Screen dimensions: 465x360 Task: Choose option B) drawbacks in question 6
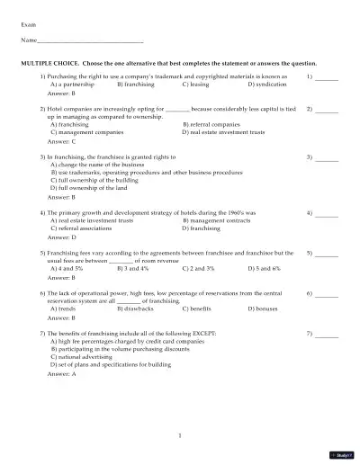click(x=136, y=309)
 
